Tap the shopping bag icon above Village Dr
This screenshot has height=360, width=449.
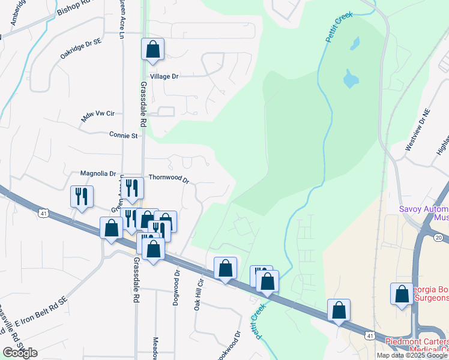pos(152,49)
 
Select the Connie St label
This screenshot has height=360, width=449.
pos(124,136)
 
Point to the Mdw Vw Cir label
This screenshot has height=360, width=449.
pos(97,116)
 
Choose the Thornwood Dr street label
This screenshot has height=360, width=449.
pos(169,179)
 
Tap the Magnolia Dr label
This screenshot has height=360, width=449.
pos(98,173)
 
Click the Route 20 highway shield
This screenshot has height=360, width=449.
pos(438,238)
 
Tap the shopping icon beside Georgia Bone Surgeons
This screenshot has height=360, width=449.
pos(402,294)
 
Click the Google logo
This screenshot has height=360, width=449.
pos(20,353)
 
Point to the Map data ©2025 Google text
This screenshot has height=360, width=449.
pos(411,355)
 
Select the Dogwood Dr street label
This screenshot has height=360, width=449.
pos(176,288)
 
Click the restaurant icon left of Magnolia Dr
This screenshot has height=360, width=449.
pos(81,196)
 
